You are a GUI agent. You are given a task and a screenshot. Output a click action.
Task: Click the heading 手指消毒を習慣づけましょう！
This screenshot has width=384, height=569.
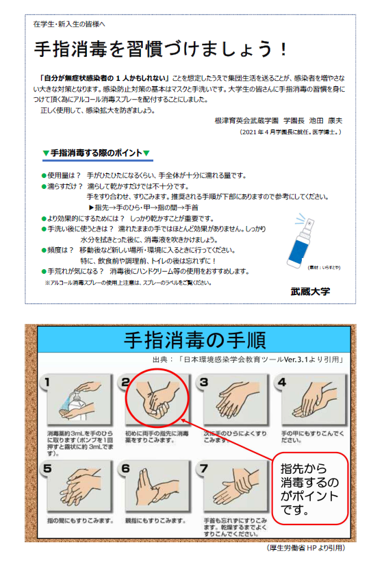tap(162, 49)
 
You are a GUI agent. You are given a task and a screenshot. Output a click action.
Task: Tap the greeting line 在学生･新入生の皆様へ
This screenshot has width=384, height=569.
tap(69, 24)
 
